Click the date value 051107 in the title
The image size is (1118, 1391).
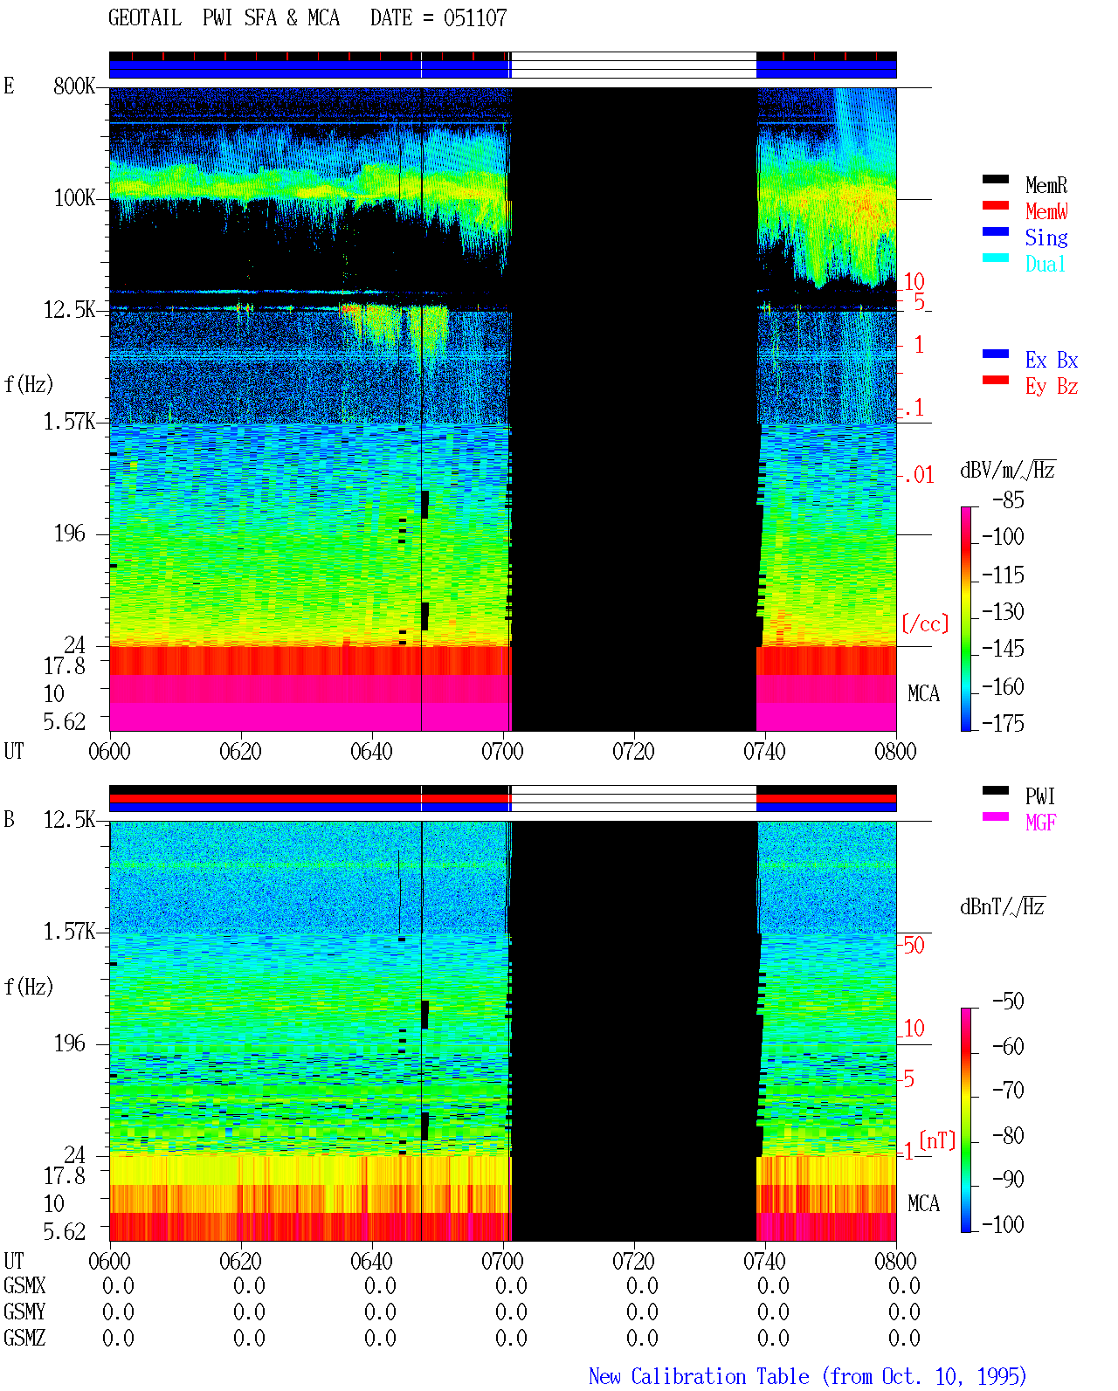coord(475,17)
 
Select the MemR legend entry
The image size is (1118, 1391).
coord(1046,185)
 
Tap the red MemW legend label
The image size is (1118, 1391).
coord(1046,211)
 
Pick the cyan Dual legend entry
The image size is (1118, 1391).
coord(1046,264)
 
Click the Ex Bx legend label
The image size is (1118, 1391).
coord(1052,360)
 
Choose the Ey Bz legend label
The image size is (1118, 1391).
coord(1052,387)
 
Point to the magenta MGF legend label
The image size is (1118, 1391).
coord(1040,823)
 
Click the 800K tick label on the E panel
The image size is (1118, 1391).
coord(74,86)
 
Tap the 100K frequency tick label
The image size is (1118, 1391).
coord(74,198)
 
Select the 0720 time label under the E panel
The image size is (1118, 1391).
coord(634,752)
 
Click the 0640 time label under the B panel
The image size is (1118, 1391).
coord(371,1261)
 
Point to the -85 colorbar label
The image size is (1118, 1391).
coord(1008,499)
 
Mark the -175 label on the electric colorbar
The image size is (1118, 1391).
coord(1003,723)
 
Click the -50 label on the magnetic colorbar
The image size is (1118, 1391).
coord(1008,1002)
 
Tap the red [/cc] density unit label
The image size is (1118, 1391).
coord(925,623)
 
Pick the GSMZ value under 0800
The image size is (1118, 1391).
coord(904,1338)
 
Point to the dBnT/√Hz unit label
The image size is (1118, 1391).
coord(1002,906)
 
